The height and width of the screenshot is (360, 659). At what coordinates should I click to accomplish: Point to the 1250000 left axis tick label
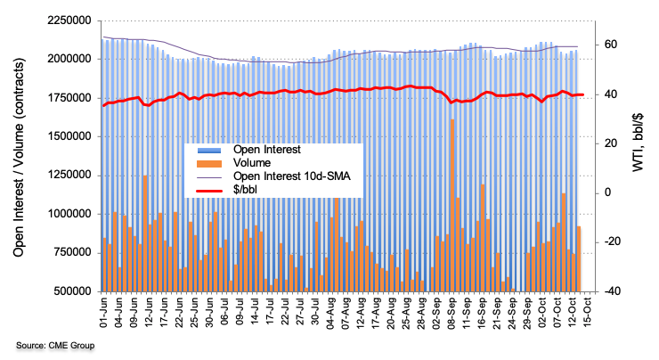pyautogui.click(x=69, y=176)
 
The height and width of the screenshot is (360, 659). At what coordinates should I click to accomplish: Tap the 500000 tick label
pyautogui.click(x=72, y=291)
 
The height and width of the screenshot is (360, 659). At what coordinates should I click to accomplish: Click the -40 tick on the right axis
pyautogui.click(x=613, y=291)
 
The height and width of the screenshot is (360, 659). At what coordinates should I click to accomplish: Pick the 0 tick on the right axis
pyautogui.click(x=609, y=192)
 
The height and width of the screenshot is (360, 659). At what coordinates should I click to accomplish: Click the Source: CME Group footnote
pyautogui.click(x=56, y=345)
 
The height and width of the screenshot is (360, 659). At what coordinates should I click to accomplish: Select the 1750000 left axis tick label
pyautogui.click(x=69, y=98)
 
